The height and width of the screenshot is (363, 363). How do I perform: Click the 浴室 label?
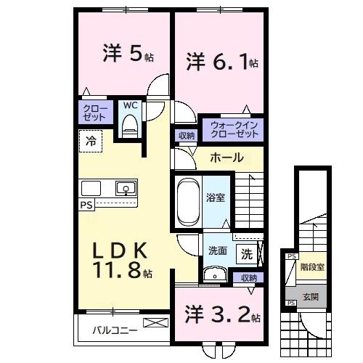point(215,196)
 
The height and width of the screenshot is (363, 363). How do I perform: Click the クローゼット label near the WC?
point(94,113)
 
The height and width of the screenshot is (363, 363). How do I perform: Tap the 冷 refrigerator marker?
point(92,142)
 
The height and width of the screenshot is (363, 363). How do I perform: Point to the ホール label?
point(227,158)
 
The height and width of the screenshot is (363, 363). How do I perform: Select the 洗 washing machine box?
point(247,255)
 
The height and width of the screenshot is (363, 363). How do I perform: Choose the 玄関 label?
point(310,296)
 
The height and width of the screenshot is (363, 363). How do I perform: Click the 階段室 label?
point(311,266)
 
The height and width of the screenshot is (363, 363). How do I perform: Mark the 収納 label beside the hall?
point(186,136)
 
